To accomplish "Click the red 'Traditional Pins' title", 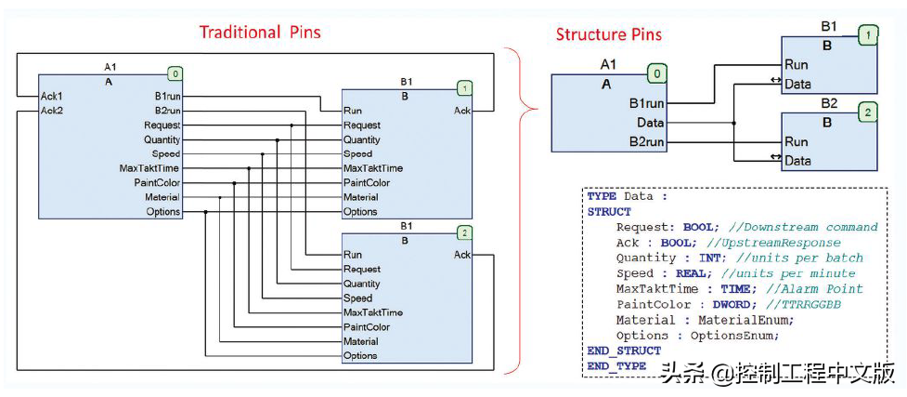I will [260, 33].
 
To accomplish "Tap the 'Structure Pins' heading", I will [609, 35].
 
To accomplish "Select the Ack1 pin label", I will [51, 97].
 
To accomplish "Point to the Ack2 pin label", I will [51, 112].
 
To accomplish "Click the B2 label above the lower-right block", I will [829, 103].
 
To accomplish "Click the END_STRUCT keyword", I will [624, 351].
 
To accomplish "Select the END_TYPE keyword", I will [616, 365].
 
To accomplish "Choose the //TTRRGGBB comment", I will [808, 304].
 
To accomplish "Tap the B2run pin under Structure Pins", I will [646, 142].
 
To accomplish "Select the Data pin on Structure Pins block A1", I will [650, 123].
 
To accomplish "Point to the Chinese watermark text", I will [777, 374].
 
